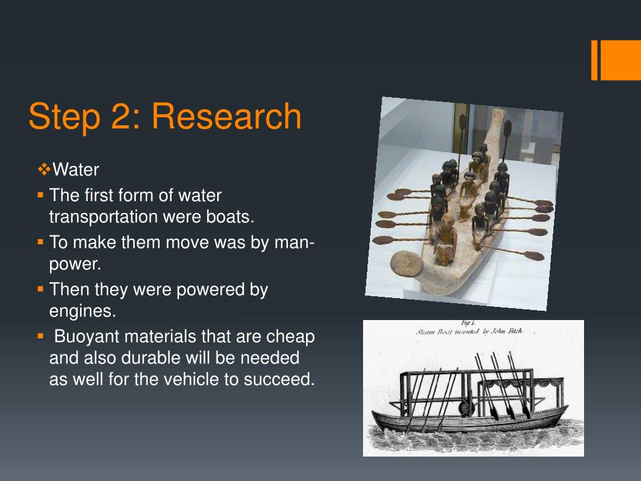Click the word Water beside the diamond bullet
pos(76,170)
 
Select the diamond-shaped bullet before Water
pos(44,169)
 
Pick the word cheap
pos(290,336)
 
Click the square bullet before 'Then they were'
pos(40,290)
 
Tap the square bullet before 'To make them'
pos(40,242)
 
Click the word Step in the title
pos(61,116)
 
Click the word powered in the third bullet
pos(205,290)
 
